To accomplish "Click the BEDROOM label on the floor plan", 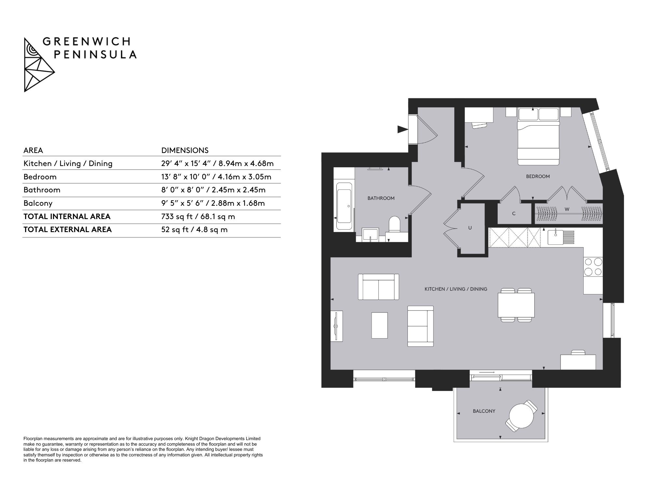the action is (x=538, y=176).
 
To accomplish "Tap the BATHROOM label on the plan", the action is (x=381, y=198).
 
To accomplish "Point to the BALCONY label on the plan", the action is (x=484, y=411).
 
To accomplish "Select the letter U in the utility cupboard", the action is (x=470, y=228).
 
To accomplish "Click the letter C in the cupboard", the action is (x=514, y=214).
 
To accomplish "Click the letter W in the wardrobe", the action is (x=567, y=209).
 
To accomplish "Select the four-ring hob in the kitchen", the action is (x=593, y=267).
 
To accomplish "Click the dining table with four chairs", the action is (x=516, y=305).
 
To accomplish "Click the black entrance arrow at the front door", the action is (x=403, y=130).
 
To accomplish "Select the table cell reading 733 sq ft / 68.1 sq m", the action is (x=198, y=216).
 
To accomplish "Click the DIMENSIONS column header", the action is (x=185, y=150).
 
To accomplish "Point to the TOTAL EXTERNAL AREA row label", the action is (x=67, y=229).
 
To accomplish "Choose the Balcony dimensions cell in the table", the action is (x=213, y=203).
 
